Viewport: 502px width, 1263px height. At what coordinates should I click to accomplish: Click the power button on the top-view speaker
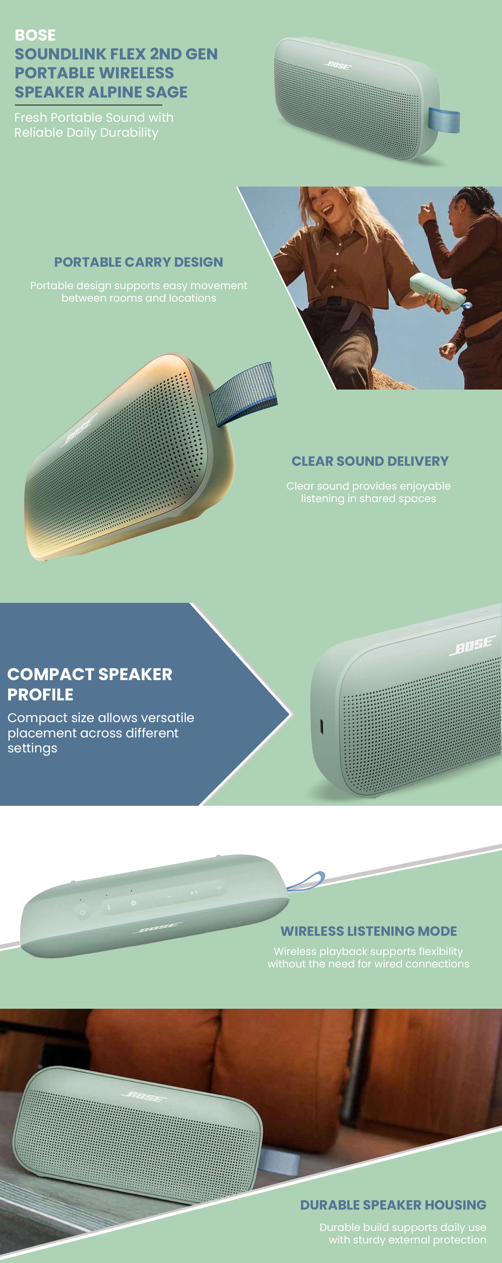pyautogui.click(x=82, y=912)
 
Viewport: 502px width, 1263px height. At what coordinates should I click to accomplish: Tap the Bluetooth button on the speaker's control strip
pyautogui.click(x=109, y=907)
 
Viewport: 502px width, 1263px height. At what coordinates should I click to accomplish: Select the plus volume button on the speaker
pyautogui.click(x=219, y=888)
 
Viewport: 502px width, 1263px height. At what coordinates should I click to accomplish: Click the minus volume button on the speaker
pyautogui.click(x=169, y=897)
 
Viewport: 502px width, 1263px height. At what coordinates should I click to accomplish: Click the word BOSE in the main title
pyautogui.click(x=35, y=35)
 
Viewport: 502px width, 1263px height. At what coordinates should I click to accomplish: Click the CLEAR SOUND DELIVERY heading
pyautogui.click(x=370, y=461)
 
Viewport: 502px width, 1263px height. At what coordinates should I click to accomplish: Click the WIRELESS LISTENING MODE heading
pyautogui.click(x=368, y=931)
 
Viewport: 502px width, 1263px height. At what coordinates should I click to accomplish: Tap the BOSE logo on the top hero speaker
pyautogui.click(x=338, y=65)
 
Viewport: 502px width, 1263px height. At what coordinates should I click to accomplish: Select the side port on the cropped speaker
pyautogui.click(x=321, y=727)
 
